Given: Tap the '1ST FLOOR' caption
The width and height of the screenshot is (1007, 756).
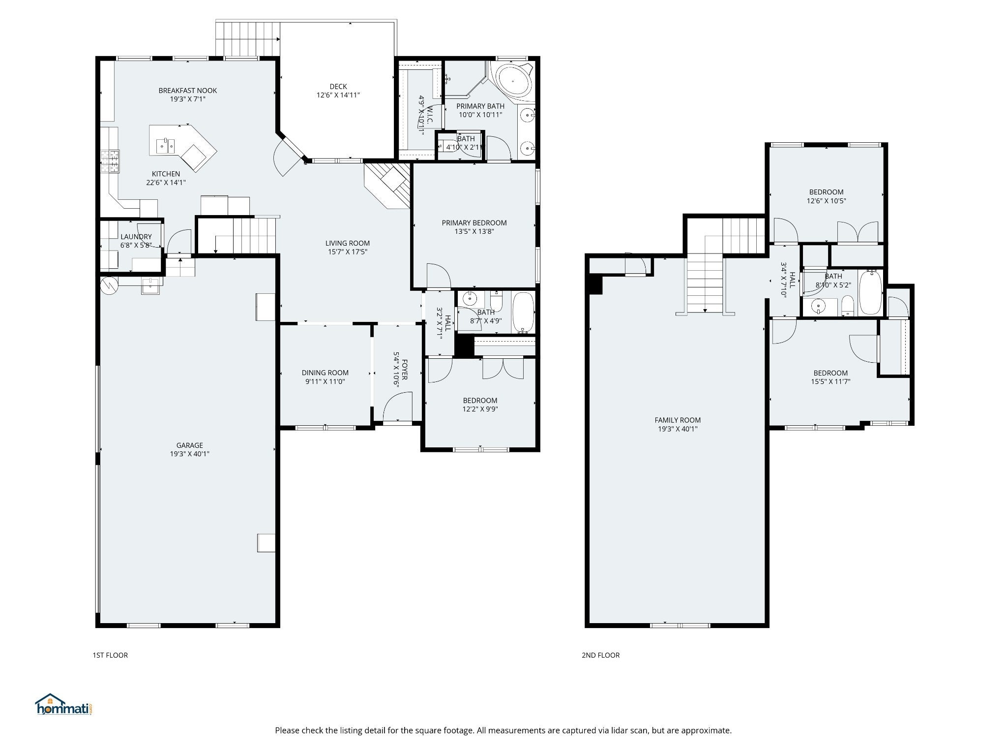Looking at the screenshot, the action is [110, 655].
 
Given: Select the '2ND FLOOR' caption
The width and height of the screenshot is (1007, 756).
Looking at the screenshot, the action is [600, 655].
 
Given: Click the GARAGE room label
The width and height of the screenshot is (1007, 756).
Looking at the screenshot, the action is [190, 445].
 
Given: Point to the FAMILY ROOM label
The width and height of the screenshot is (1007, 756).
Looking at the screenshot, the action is [678, 420].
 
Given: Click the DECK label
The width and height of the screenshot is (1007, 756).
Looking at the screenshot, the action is [338, 87].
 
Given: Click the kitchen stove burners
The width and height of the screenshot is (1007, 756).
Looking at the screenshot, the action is [110, 161].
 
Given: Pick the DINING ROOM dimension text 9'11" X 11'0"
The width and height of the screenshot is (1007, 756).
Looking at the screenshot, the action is [325, 381].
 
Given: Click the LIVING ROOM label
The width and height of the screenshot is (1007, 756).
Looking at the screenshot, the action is [348, 243].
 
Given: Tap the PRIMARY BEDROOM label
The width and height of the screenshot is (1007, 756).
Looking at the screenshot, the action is [474, 222].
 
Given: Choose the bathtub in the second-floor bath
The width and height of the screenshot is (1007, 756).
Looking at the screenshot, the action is [871, 292].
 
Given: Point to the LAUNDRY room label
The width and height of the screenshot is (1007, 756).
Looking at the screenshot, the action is [136, 237].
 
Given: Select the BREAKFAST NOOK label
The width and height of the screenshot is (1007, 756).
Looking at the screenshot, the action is [188, 91].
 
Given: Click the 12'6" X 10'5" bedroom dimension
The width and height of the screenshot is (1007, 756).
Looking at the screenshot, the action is [826, 201].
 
